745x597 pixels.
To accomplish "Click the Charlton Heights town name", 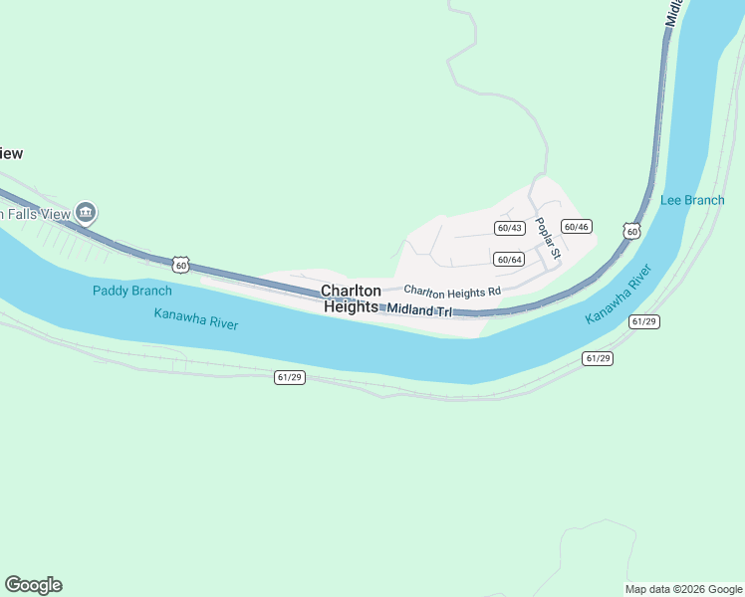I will click(351, 298).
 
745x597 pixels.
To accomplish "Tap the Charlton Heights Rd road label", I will click(451, 292).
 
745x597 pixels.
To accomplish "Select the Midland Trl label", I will click(418, 311).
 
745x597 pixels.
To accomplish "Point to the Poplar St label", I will click(548, 239).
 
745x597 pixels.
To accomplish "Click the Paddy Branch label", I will click(131, 291).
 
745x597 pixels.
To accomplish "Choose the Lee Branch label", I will click(692, 200).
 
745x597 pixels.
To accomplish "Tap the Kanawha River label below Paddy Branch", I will click(196, 318).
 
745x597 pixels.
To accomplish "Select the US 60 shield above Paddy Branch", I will click(179, 264).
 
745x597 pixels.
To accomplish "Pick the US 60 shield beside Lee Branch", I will click(631, 230).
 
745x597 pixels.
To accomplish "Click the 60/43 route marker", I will click(509, 228).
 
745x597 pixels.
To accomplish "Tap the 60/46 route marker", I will click(576, 227).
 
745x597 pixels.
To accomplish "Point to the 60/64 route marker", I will click(509, 260).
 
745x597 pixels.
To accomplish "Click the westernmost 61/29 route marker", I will click(289, 377).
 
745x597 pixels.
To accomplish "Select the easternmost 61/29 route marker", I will click(644, 321).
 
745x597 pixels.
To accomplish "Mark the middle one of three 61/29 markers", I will click(599, 358).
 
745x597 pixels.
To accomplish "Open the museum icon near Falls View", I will click(86, 212).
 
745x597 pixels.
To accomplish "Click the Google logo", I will click(33, 585).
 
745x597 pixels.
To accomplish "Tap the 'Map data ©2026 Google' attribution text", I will click(683, 589).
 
